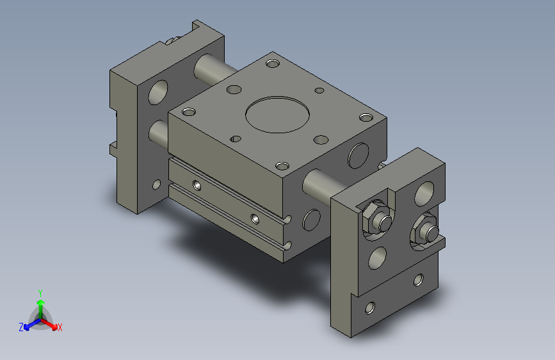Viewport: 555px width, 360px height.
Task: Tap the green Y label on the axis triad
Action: point(40,293)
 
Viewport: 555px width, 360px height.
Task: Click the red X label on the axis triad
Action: point(60,327)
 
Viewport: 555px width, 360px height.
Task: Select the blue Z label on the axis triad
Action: point(21,327)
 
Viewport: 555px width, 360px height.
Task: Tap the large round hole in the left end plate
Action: point(158,92)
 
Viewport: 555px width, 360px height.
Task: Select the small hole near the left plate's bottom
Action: point(156,184)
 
